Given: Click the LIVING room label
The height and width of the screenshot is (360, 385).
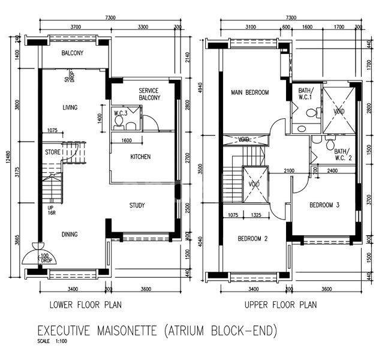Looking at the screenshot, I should (x=73, y=108).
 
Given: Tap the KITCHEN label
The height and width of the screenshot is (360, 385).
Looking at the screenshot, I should (x=140, y=157).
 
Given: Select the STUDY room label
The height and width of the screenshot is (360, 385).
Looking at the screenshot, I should (x=137, y=206).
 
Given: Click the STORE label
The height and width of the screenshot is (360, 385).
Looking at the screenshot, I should (x=52, y=152).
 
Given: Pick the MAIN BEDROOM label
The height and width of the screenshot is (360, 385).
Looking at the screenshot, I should (x=250, y=92).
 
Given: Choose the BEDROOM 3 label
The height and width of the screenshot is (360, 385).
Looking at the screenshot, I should (x=324, y=205).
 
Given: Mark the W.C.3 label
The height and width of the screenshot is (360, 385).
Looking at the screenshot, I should (x=121, y=112).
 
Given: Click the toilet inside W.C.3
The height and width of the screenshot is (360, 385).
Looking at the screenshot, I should (x=119, y=122).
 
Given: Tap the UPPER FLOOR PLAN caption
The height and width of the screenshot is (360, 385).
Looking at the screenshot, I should (x=280, y=305).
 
